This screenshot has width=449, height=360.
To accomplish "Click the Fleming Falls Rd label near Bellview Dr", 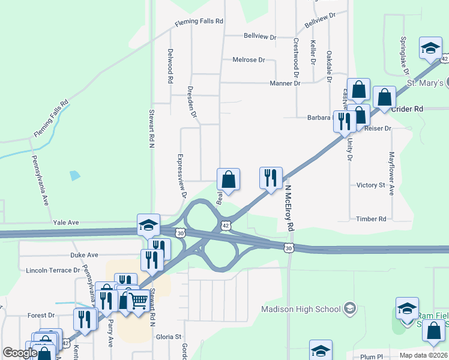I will [199, 22].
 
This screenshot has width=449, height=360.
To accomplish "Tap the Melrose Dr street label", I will [249, 60].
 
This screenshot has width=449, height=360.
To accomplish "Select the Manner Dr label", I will [285, 83].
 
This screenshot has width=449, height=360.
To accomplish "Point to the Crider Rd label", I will [407, 109].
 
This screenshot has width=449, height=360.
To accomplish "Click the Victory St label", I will [370, 185].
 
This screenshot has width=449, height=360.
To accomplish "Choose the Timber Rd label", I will [371, 219].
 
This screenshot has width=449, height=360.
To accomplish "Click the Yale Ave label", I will [65, 222].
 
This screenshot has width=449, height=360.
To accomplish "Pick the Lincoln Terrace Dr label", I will [53, 271].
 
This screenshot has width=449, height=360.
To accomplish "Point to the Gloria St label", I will [169, 337].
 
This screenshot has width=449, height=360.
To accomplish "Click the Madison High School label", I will [301, 310].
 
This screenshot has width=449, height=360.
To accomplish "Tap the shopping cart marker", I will [139, 300].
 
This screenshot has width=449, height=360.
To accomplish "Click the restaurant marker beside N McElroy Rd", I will [271, 178].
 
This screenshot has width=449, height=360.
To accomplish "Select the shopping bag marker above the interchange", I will [228, 179].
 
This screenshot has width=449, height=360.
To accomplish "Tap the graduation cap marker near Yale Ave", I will [148, 224].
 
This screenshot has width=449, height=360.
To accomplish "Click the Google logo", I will [20, 353].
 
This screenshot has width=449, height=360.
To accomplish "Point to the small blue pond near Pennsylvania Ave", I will [74, 176].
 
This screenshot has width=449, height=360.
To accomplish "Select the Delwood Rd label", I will [170, 66].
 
